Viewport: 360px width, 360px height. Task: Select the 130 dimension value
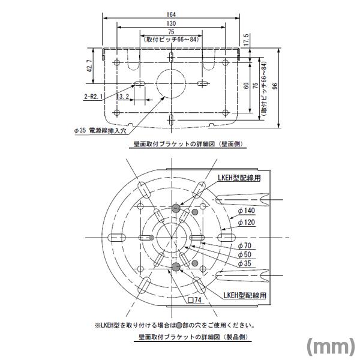point(171,23)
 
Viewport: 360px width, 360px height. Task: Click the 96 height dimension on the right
point(275,86)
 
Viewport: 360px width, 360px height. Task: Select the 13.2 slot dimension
point(122,96)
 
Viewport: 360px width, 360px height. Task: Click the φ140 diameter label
point(246,211)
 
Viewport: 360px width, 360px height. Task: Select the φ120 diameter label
point(246,222)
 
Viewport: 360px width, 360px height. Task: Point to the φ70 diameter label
point(244,245)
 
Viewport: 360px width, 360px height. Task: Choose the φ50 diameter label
point(244,254)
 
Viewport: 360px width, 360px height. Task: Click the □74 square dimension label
point(196,299)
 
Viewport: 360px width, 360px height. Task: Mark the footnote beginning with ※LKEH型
point(174,325)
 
